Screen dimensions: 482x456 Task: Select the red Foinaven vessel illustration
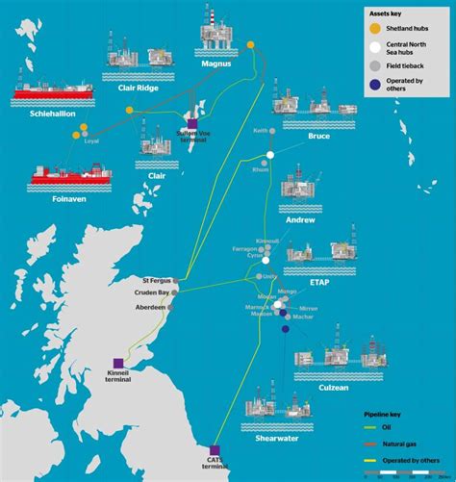tap(67, 176)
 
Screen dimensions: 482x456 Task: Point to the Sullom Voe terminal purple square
tap(193, 123)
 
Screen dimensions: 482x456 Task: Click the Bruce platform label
tap(318, 137)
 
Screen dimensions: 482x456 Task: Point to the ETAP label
tap(321, 285)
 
